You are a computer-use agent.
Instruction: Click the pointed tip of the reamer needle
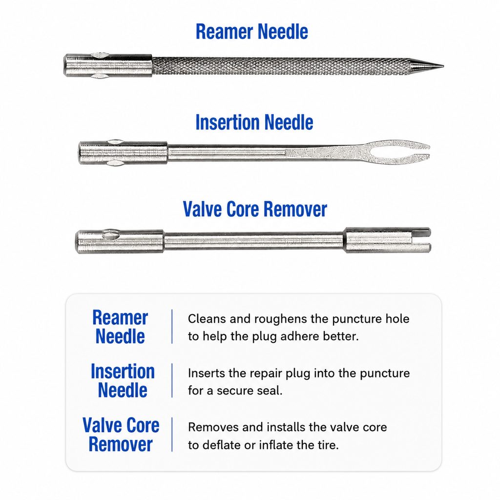point(443,66)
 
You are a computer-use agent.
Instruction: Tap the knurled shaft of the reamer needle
point(281,66)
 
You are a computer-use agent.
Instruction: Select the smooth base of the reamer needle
point(108,65)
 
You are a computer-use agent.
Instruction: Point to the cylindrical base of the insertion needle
point(123,153)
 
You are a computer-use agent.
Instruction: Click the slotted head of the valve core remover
point(388,240)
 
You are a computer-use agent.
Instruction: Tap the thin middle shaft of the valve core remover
point(254,241)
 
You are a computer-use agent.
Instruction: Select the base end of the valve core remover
point(120,241)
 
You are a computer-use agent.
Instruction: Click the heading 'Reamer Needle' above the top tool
point(252,32)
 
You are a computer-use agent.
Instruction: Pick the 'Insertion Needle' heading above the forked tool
point(254,122)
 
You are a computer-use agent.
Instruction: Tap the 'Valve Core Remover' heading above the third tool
point(255,209)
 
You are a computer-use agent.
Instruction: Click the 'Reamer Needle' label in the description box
point(120,327)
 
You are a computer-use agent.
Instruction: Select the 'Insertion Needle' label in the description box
point(123,381)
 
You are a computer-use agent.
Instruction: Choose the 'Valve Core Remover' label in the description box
point(121,435)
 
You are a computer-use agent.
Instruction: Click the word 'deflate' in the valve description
point(222,445)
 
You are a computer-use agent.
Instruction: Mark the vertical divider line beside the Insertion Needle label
point(172,380)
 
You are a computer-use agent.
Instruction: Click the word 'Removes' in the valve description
point(213,427)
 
